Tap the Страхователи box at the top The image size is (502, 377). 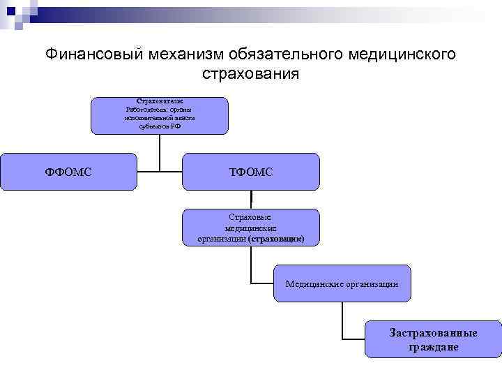(x=160, y=115)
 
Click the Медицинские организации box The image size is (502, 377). (x=342, y=283)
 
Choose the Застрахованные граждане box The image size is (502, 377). (x=433, y=339)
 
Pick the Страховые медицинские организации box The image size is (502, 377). (x=251, y=228)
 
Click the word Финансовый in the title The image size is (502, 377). (x=93, y=54)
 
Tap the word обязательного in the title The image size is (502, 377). (x=291, y=54)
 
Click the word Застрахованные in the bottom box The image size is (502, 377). (x=433, y=333)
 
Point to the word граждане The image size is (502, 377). (x=433, y=347)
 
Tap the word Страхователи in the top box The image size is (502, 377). (x=160, y=101)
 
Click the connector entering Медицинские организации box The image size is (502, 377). (x=261, y=283)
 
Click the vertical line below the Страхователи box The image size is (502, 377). (x=160, y=150)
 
